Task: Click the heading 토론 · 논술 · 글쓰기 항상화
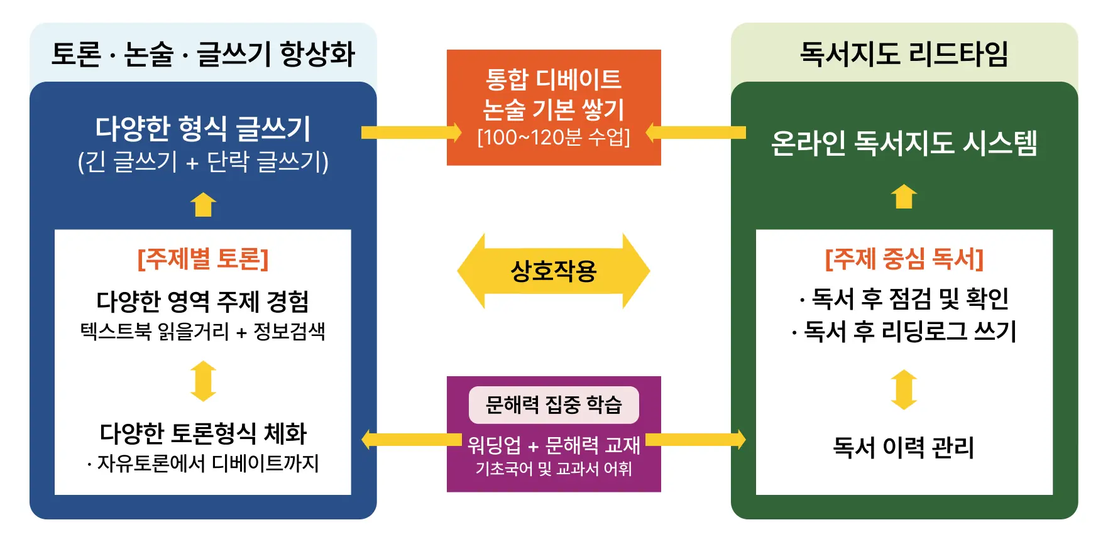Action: click(203, 54)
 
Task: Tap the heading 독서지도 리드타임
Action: click(904, 54)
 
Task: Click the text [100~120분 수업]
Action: click(553, 137)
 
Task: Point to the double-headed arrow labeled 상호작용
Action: click(553, 271)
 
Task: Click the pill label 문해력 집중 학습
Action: click(553, 405)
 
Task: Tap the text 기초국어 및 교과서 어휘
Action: click(553, 469)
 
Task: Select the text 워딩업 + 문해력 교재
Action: click(553, 445)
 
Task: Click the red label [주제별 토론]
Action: click(203, 259)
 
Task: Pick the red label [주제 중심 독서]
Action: click(904, 259)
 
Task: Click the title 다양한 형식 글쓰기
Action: click(203, 129)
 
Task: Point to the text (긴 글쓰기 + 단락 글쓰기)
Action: click(203, 162)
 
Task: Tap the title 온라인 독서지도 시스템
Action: click(904, 143)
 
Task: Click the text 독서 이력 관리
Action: click(904, 448)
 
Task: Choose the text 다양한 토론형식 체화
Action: click(203, 433)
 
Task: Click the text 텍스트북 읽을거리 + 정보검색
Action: click(203, 332)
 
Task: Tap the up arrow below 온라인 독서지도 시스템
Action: click(904, 197)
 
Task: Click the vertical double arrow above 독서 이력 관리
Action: click(904, 389)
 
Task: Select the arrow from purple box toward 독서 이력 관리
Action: click(696, 439)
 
